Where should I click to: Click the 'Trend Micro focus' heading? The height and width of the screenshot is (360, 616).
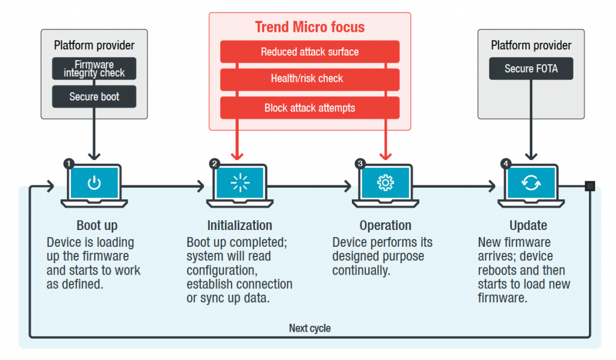309,27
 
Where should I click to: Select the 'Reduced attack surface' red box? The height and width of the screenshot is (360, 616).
309,52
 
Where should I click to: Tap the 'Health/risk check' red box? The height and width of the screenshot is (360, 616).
309,79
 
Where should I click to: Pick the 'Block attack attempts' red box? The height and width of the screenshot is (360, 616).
309,108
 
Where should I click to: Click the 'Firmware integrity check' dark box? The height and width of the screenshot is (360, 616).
94,69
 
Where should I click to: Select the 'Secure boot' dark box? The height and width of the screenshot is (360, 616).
94,96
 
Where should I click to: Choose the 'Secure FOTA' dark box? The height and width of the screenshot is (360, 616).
531,69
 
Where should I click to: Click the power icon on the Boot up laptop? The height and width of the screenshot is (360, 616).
94,183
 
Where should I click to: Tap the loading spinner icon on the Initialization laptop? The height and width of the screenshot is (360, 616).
239,183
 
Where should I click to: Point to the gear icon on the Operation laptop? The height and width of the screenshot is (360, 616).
385,183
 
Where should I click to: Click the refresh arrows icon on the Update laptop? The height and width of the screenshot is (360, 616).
531,183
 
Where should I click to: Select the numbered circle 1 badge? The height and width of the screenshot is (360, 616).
68,163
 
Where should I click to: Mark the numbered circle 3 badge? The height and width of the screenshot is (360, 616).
360,163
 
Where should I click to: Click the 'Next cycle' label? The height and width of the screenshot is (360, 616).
309,328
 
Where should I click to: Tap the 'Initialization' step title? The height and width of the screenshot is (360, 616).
239,226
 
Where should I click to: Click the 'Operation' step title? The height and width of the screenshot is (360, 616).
385,226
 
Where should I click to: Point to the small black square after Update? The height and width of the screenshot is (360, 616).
590,186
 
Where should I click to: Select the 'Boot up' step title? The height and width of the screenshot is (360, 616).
97,226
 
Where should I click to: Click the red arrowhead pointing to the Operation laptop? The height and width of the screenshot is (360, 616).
385,155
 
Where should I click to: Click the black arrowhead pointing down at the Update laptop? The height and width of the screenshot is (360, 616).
531,155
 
